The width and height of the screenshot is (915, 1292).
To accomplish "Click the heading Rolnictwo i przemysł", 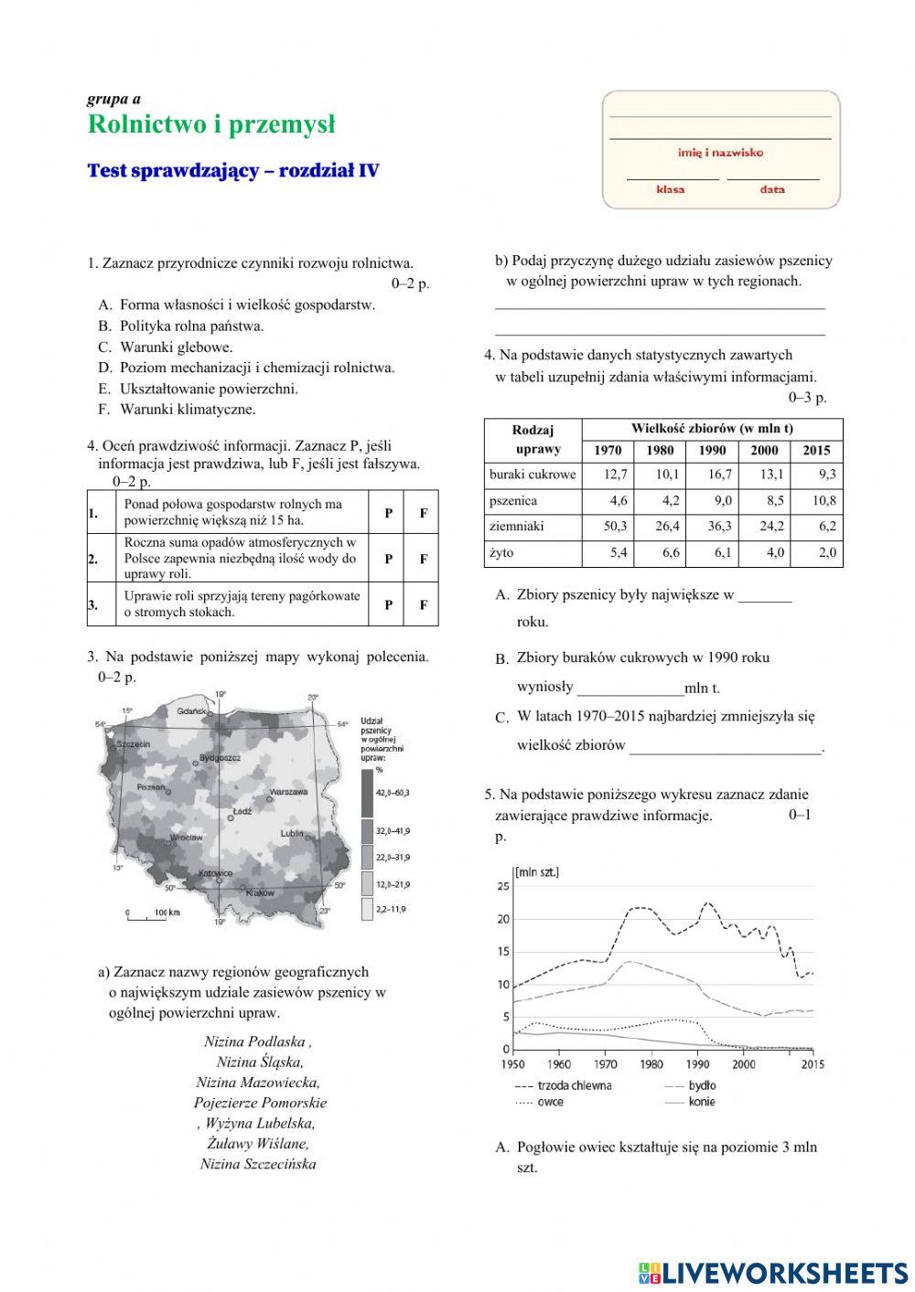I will pyautogui.click(x=211, y=124).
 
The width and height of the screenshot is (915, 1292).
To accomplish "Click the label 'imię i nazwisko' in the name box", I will pyautogui.click(x=720, y=153).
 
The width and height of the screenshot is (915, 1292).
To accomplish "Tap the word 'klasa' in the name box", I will pyautogui.click(x=670, y=189).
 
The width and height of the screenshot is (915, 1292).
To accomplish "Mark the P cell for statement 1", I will pyautogui.click(x=388, y=513).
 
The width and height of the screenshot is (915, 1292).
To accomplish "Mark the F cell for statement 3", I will pyautogui.click(x=423, y=604).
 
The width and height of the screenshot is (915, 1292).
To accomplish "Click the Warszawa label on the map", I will pyautogui.click(x=288, y=791).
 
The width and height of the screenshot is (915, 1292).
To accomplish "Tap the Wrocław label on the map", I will pyautogui.click(x=186, y=837).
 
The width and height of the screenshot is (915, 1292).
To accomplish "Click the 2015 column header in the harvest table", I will pyautogui.click(x=816, y=450).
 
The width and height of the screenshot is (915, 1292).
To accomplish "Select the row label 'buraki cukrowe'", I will pyautogui.click(x=533, y=475).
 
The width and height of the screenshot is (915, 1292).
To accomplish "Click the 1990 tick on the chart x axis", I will pyautogui.click(x=697, y=1063).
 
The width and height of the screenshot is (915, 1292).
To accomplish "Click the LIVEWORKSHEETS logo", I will pyautogui.click(x=772, y=1272).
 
